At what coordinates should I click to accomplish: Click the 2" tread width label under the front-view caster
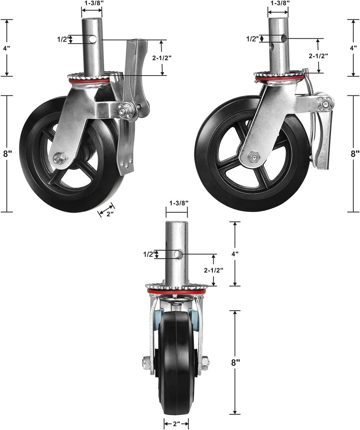click(x=176, y=423)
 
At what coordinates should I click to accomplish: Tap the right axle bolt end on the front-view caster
click(x=205, y=361)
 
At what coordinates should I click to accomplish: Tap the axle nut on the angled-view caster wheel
click(x=59, y=158)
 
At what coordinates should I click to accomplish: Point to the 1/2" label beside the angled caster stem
click(x=62, y=40)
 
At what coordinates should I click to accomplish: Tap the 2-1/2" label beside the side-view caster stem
click(x=318, y=56)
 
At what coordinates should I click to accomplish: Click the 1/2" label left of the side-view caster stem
click(x=252, y=39)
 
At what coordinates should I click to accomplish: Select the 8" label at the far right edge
click(x=355, y=153)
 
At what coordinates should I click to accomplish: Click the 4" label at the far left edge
click(x=7, y=47)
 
